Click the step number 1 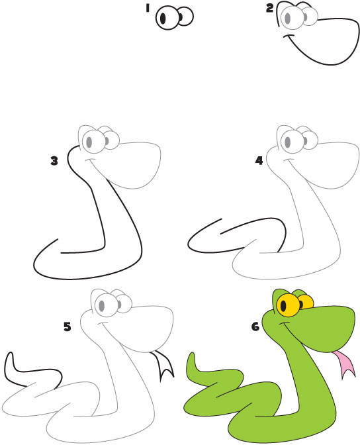[148, 9]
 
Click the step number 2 [269, 8]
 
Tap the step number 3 [54, 160]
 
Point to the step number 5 [67, 326]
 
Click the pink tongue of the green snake [342, 365]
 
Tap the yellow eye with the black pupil [288, 306]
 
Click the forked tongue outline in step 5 [163, 366]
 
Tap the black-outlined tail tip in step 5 [10, 362]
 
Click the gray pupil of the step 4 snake [288, 140]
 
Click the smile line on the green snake [283, 326]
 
